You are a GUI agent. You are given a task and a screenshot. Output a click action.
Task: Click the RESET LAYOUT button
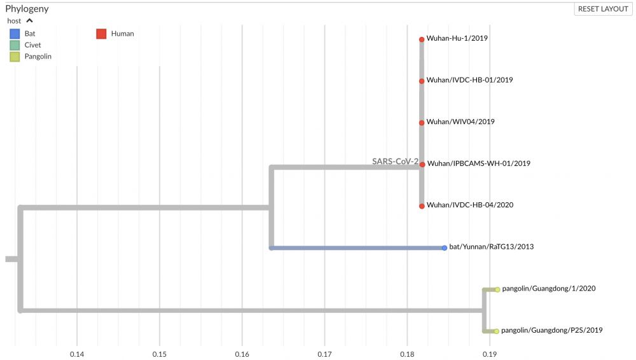pyautogui.click(x=603, y=9)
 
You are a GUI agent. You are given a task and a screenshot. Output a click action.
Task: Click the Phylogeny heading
pyautogui.click(x=27, y=9)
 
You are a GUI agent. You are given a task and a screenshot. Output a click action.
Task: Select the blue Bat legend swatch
pyautogui.click(x=14, y=34)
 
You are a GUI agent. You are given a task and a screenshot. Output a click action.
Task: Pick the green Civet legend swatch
pyautogui.click(x=14, y=45)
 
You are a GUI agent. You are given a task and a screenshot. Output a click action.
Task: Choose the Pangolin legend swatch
pyautogui.click(x=14, y=57)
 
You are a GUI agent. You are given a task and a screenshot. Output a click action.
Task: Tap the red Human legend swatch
pyautogui.click(x=101, y=34)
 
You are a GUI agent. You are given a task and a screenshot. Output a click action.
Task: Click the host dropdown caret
pyautogui.click(x=29, y=21)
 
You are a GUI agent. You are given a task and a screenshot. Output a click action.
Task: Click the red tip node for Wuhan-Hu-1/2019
pyautogui.click(x=422, y=39)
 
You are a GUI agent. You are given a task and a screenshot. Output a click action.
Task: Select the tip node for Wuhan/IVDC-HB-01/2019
pyautogui.click(x=422, y=81)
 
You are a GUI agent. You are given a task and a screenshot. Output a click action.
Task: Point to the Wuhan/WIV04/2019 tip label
pyautogui.click(x=460, y=121)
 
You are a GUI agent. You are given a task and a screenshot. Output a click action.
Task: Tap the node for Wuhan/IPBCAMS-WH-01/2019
pyautogui.click(x=422, y=164)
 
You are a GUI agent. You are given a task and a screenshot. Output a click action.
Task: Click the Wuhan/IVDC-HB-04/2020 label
pyautogui.click(x=470, y=205)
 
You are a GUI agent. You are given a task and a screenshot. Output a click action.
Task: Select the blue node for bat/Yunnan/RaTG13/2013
pyautogui.click(x=445, y=247)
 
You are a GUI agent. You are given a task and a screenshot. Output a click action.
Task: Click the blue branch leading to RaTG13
pyautogui.click(x=356, y=247)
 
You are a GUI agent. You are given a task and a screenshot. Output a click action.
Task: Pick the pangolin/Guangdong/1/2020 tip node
pyautogui.click(x=497, y=289)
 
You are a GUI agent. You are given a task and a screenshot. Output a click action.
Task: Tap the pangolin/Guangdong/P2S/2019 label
pyautogui.click(x=552, y=331)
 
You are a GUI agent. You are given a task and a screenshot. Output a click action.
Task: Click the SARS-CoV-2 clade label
pyautogui.click(x=395, y=162)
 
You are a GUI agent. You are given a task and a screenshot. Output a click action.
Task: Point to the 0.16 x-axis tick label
pyautogui.click(x=242, y=354)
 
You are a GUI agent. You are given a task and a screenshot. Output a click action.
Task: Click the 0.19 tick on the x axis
pyautogui.click(x=489, y=354)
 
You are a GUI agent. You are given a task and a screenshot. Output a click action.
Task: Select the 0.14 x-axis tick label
pyautogui.click(x=77, y=354)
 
